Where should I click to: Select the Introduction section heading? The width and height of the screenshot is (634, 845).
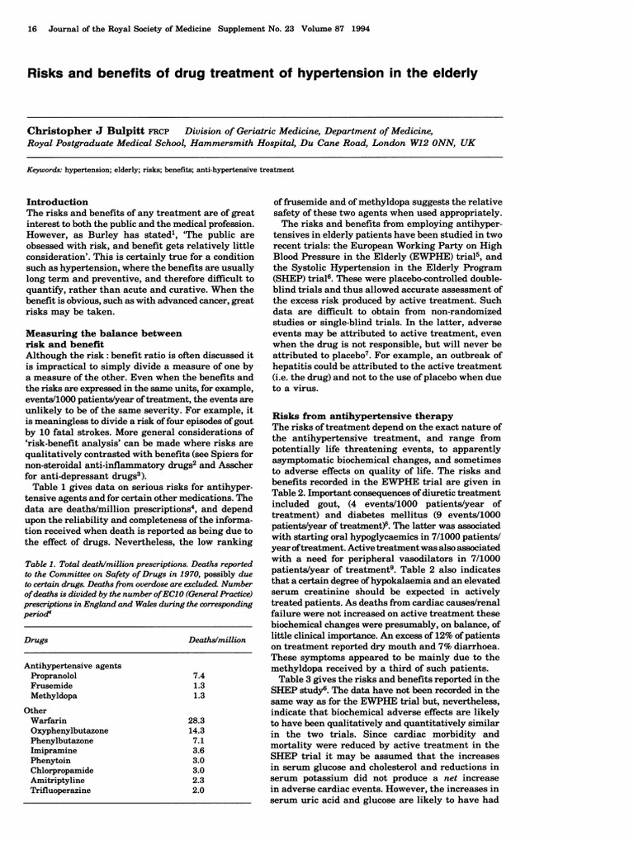[x=58, y=202]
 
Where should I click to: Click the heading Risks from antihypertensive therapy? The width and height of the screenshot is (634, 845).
[x=363, y=415]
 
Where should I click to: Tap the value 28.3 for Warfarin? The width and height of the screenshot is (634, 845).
[x=196, y=720]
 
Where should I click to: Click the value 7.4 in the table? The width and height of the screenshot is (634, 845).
[x=197, y=674]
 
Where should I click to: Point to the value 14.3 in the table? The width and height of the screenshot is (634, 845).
[x=196, y=732]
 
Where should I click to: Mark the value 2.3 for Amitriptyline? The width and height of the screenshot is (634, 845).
[x=197, y=778]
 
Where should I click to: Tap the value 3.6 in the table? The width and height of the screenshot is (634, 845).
[x=197, y=755]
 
